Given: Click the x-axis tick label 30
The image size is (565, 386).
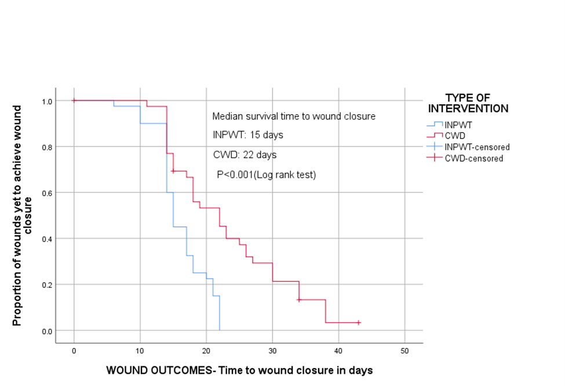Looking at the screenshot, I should (272, 351).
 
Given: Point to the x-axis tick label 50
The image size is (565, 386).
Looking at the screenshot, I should (404, 351).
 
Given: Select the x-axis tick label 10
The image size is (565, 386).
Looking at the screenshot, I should (140, 351).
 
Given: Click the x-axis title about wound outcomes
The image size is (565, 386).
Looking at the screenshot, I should (239, 369).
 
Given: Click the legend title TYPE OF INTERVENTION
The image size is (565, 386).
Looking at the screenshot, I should (468, 103).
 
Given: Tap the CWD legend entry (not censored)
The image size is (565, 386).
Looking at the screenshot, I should (454, 135).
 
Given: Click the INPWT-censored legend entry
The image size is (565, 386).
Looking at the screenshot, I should (476, 147).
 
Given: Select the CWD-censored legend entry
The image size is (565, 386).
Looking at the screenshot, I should (473, 158).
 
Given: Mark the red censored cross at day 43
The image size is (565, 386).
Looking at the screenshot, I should (359, 322).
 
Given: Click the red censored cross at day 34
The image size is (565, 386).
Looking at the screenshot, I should (299, 300).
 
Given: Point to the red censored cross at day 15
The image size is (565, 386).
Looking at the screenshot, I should (173, 171).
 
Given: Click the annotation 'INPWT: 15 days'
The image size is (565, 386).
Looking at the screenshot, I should (248, 136).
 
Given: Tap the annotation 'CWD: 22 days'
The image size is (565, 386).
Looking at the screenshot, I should (245, 155).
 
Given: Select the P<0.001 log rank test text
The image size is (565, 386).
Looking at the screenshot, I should (266, 174).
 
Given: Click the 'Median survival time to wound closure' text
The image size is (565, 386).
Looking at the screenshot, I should (294, 116).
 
